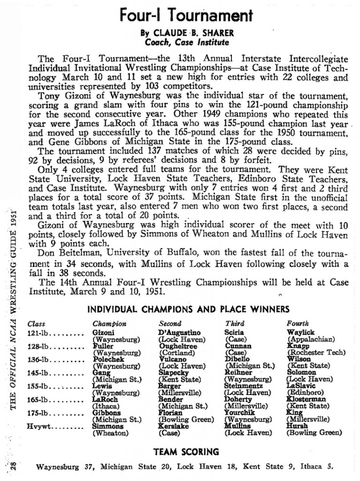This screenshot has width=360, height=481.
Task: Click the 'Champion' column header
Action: (109, 324)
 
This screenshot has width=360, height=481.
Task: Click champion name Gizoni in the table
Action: (102, 333)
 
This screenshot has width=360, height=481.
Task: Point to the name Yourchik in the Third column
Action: (240, 412)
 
